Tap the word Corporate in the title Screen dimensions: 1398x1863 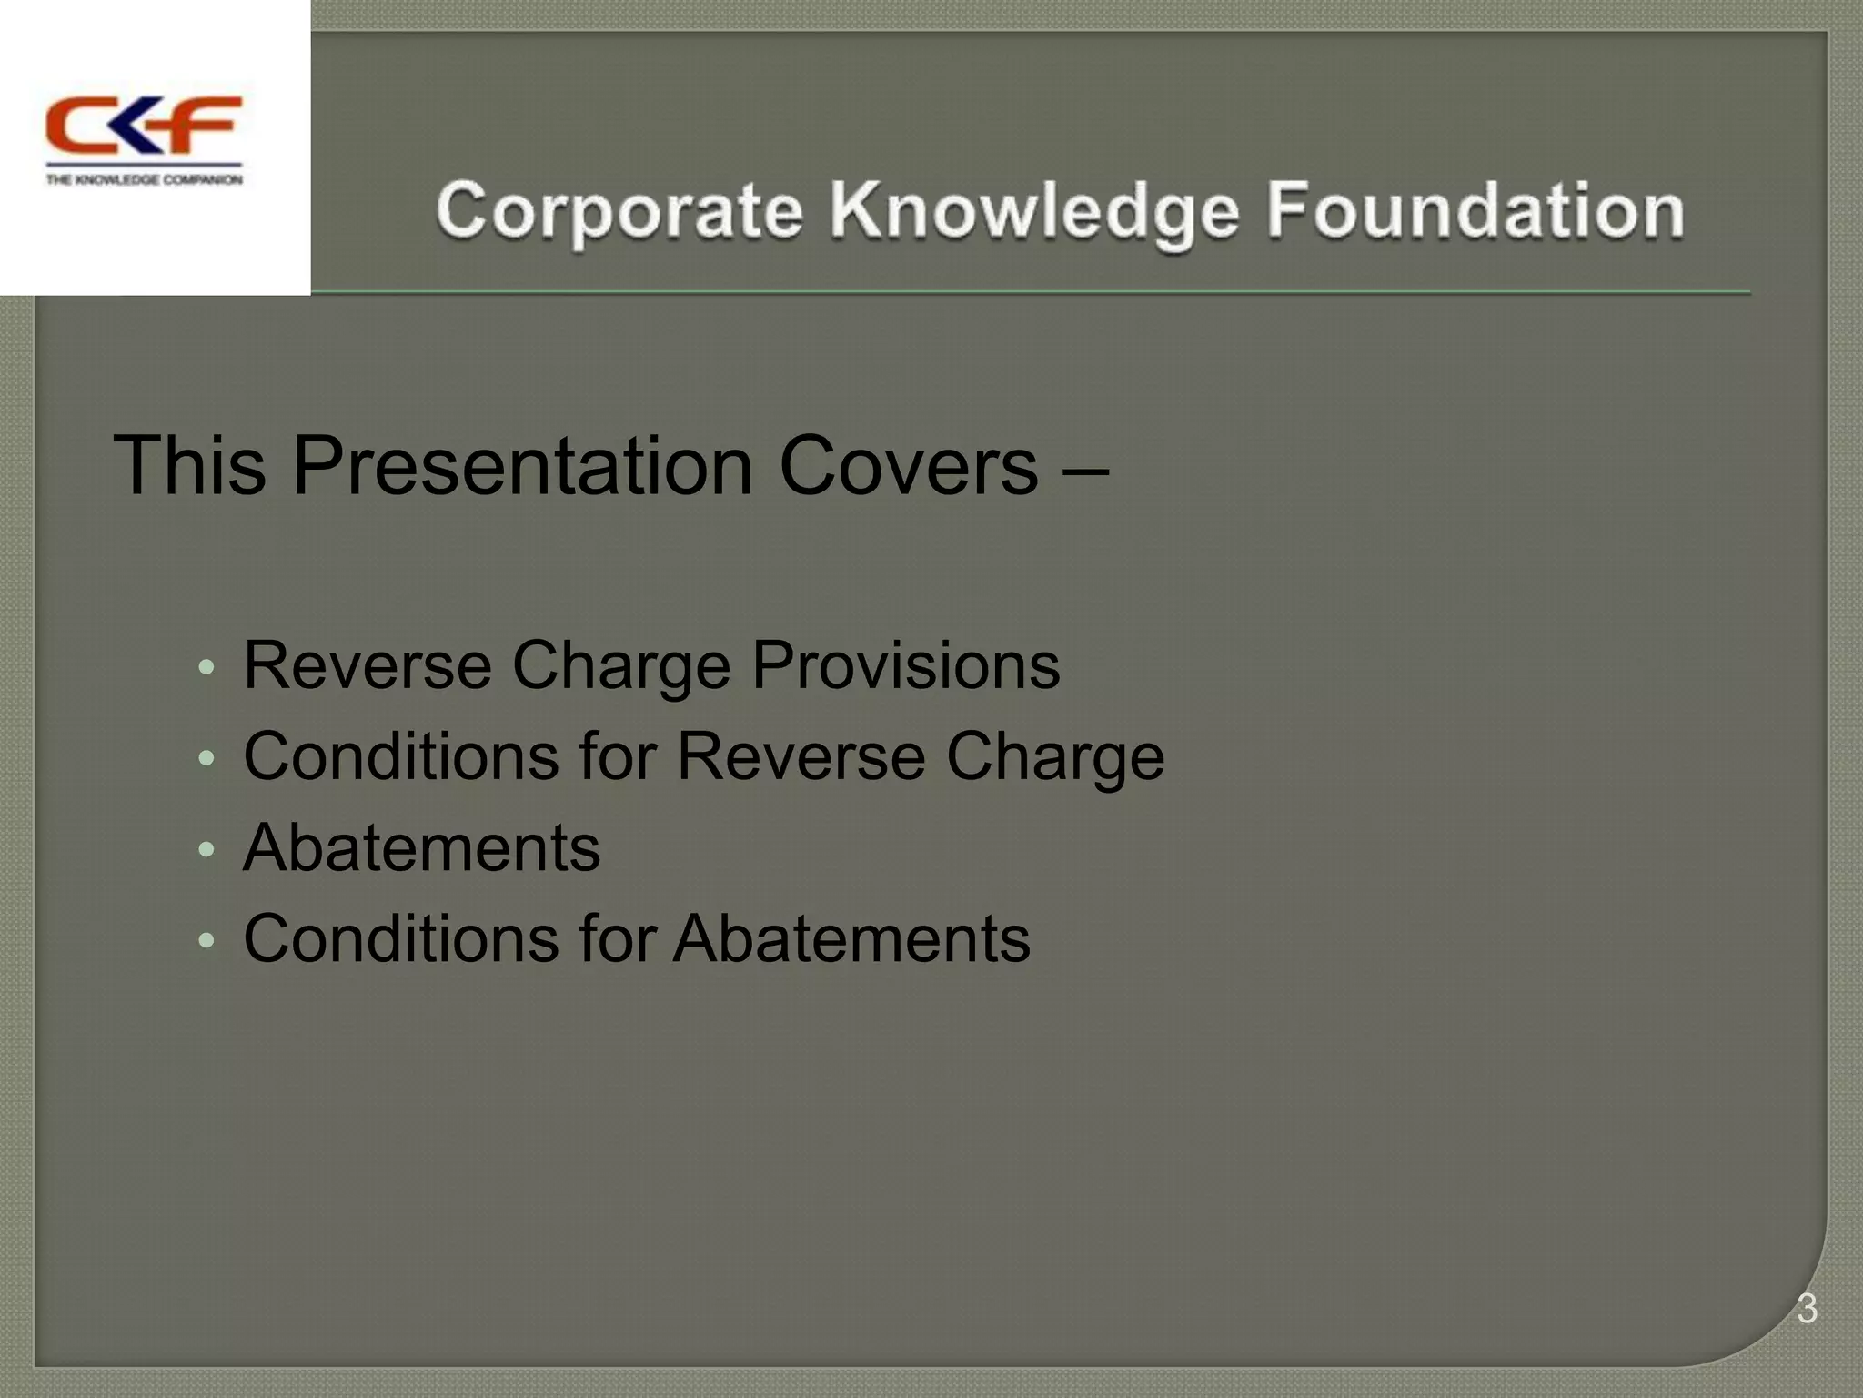pos(619,211)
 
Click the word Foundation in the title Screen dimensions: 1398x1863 pos(1475,211)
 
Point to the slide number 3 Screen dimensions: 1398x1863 pos(1807,1309)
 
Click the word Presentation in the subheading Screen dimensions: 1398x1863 pos(523,465)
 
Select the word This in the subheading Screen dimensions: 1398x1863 pos(189,465)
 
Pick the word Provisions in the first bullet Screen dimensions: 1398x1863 pos(905,665)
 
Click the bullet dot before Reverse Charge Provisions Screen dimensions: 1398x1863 pos(206,667)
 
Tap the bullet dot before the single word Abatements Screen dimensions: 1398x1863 pos(206,850)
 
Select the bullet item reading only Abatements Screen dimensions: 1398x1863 pos(421,847)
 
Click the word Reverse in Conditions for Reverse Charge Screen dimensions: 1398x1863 pos(801,756)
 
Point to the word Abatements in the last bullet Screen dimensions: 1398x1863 pos(851,938)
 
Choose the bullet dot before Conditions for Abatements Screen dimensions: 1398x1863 pos(206,941)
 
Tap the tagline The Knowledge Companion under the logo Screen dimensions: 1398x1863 pos(144,180)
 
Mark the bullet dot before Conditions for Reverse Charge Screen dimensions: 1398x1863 pos(206,758)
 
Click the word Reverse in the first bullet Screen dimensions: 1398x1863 pos(367,665)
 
